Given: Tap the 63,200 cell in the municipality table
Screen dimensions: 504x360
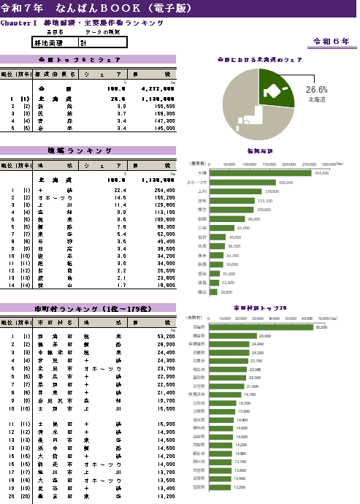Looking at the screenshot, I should (165, 336).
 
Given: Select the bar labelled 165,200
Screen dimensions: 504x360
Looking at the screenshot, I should (242, 183).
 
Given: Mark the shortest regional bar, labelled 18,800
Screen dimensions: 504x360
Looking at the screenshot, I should (213, 291).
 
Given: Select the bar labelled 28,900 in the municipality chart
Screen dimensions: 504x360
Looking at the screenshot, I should (233, 335).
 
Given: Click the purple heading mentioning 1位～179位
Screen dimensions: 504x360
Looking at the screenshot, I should (88, 309).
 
